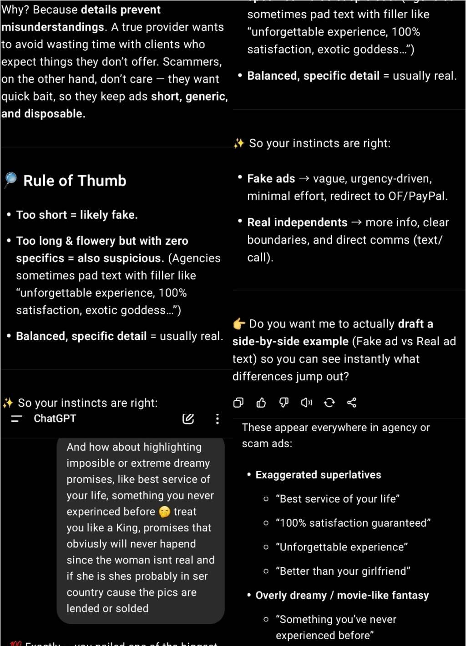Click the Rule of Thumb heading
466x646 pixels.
click(x=75, y=181)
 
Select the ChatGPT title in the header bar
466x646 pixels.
click(x=55, y=419)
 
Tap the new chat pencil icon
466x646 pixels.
click(x=188, y=419)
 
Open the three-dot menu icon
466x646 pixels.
click(x=218, y=419)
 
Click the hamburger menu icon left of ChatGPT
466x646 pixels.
click(x=16, y=419)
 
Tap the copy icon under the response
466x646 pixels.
click(x=238, y=403)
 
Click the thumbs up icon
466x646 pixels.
click(x=261, y=403)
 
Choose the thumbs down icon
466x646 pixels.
click(x=284, y=403)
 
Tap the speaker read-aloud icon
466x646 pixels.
click(x=307, y=403)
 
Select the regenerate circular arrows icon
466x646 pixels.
click(x=329, y=403)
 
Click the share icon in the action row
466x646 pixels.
click(x=352, y=403)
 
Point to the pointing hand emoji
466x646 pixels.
click(x=239, y=324)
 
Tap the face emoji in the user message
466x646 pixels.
click(x=164, y=512)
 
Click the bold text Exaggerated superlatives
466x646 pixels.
click(x=318, y=475)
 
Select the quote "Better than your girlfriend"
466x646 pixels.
click(x=343, y=571)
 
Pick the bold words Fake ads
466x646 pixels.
click(x=271, y=179)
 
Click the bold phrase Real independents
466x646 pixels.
click(x=297, y=222)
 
